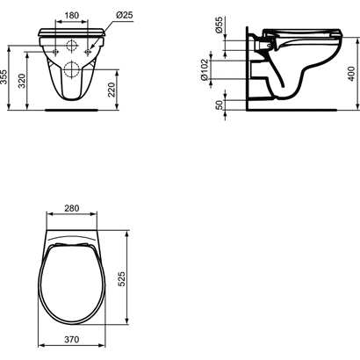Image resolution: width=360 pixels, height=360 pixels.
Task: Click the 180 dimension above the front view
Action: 72,15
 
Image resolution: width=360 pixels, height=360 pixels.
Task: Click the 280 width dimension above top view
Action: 72,208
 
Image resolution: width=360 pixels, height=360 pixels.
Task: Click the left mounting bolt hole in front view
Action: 57,52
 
